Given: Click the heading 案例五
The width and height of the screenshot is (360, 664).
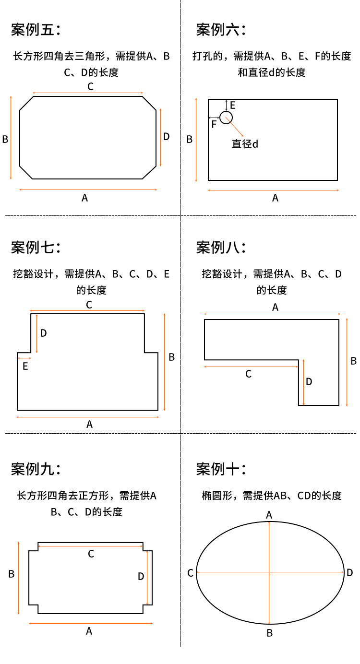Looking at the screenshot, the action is coord(36,30).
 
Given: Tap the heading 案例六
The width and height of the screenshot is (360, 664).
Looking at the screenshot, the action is coord(221,30).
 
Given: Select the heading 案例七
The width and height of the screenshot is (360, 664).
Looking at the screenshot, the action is coord(36,248).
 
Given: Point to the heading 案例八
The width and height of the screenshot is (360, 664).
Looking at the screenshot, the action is coord(221,248).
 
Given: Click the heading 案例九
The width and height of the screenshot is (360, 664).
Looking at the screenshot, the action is coord(36,469).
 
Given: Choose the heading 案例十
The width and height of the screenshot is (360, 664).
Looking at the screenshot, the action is coord(221,469).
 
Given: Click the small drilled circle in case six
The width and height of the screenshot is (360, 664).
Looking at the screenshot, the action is coord(226,117).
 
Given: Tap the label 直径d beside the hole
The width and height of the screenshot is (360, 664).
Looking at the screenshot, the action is coord(245,143).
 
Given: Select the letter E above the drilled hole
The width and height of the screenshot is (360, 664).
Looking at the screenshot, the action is coord(233,105).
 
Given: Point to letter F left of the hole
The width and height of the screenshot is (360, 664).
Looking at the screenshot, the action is coord(214,124).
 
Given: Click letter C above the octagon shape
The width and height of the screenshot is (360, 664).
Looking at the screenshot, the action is coord(90,87).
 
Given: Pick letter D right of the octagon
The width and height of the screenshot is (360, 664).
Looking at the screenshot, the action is coord(167,137).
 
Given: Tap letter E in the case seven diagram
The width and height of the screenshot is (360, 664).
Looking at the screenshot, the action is coord(25,367).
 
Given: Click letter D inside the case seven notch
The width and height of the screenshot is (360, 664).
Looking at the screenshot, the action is coord(44,333).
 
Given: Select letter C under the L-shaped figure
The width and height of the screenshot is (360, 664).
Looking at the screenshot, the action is coord(248,374).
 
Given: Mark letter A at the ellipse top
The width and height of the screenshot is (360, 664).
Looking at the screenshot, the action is coord(269,515).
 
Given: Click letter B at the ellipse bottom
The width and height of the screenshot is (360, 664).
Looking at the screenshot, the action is coord(270,633).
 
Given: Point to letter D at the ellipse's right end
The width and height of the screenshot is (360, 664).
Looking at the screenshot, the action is coord(350,572).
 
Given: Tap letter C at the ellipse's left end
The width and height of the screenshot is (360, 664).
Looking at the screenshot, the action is coord(190,573).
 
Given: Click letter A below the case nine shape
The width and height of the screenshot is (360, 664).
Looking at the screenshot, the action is coord(89,631).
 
